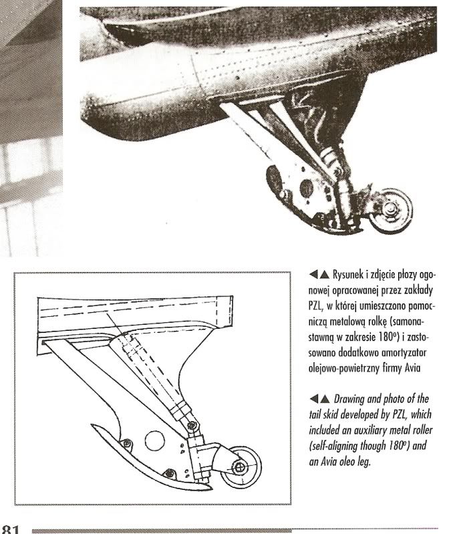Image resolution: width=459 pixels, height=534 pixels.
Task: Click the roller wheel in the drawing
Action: click(x=241, y=466)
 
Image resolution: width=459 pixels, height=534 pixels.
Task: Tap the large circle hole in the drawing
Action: click(x=154, y=440)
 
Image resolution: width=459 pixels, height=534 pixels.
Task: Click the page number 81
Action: click(x=10, y=529)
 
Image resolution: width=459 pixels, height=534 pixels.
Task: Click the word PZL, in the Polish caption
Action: click(x=315, y=306)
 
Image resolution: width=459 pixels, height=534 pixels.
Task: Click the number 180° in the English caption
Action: click(x=397, y=446)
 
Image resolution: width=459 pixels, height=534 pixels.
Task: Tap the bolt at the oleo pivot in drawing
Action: click(x=192, y=425)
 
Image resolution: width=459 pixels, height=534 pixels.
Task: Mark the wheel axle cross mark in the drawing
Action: click(x=240, y=466)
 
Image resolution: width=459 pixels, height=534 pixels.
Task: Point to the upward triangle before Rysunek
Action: click(x=325, y=274)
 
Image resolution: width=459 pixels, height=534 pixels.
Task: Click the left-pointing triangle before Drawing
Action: click(x=313, y=398)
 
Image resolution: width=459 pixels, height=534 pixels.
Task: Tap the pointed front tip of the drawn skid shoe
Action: click(x=92, y=424)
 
